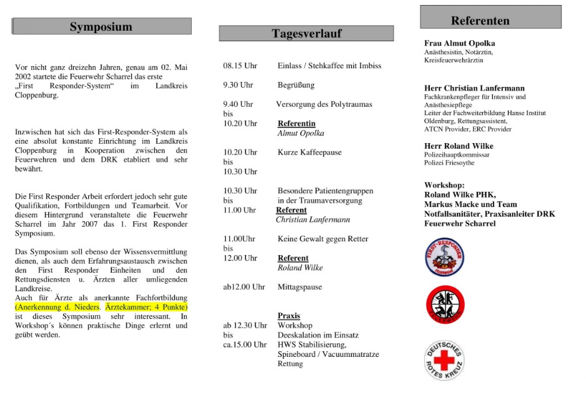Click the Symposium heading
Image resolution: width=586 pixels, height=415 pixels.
pos(101,26)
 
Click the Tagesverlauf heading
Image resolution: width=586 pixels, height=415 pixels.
pos(306,33)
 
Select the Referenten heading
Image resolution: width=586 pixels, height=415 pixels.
pos(480,21)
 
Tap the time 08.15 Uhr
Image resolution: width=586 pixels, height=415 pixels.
pos(240,66)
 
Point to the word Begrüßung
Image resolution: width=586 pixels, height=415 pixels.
pos(296,85)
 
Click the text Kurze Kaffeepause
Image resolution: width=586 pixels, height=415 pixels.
pos(309,152)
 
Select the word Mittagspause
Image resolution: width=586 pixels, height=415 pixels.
pos(300,287)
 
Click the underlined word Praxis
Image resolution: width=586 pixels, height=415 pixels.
pos(289,316)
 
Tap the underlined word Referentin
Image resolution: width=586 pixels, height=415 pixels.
pos(296,124)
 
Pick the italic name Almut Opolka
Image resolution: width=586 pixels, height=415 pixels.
pos(300,133)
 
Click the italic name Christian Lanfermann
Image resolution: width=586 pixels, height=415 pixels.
pos(312,219)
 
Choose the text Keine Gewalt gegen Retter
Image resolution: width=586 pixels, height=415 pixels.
pos(322,239)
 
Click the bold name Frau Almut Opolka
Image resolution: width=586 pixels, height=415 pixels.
pos(459,43)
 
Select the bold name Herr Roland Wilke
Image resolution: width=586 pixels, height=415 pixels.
pos(459,146)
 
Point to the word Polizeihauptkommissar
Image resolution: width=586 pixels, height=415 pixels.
pos(457,154)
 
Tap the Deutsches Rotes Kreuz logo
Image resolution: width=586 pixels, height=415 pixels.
pos(444,361)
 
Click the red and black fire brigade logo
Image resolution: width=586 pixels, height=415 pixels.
pos(444,304)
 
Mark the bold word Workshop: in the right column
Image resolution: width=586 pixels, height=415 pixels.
pos(444,186)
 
